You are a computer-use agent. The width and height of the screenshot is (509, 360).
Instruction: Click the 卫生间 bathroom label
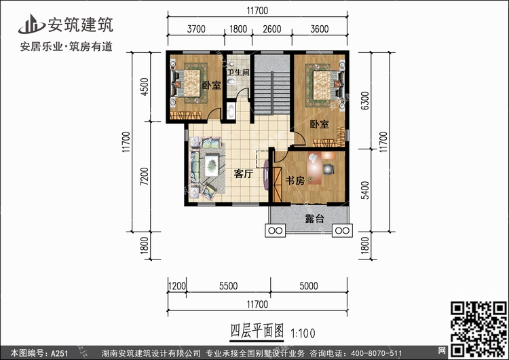point(238,72)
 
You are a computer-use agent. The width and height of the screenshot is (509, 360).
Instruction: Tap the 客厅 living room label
point(244,174)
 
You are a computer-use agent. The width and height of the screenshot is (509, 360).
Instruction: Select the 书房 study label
point(295,180)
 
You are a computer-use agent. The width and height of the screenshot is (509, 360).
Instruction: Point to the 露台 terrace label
point(314,219)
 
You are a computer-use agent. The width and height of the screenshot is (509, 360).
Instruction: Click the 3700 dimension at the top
point(196,29)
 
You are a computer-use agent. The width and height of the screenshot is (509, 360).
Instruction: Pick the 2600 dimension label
point(272,29)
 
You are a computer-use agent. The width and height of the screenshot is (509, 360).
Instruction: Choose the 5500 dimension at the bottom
point(228,286)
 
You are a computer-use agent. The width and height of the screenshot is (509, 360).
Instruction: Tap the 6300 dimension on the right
point(365,101)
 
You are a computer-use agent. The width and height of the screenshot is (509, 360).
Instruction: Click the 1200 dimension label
point(177,286)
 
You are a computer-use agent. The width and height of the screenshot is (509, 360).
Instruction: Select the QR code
point(478,329)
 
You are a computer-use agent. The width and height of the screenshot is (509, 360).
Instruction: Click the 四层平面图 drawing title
point(257,331)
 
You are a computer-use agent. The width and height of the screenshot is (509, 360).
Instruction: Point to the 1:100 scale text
point(303,333)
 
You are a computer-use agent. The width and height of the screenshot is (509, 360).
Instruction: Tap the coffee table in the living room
point(212,166)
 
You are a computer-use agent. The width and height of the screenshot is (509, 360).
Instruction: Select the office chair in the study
point(328,169)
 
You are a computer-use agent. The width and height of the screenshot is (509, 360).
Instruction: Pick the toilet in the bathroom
point(231,81)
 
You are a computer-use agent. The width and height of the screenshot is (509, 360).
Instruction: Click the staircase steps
point(271,93)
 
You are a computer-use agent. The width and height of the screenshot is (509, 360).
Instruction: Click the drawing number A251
point(59,353)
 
